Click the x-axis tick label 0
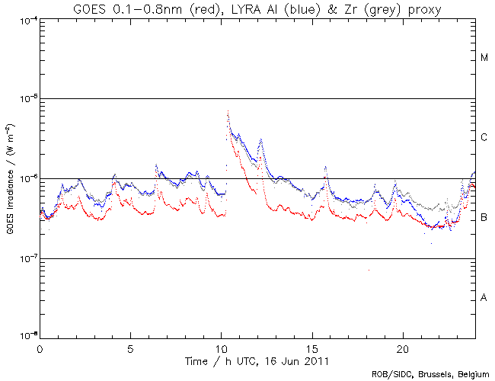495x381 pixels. [40, 347]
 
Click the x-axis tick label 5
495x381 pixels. [130, 347]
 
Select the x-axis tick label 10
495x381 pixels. [221, 347]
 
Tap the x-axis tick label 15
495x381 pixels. [312, 347]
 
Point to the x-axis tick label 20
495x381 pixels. [403, 347]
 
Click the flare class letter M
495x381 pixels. [484, 58]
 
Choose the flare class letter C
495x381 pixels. [484, 138]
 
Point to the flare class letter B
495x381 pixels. [484, 218]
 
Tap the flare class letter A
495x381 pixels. [484, 297]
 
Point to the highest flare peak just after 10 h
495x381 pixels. [228, 111]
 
